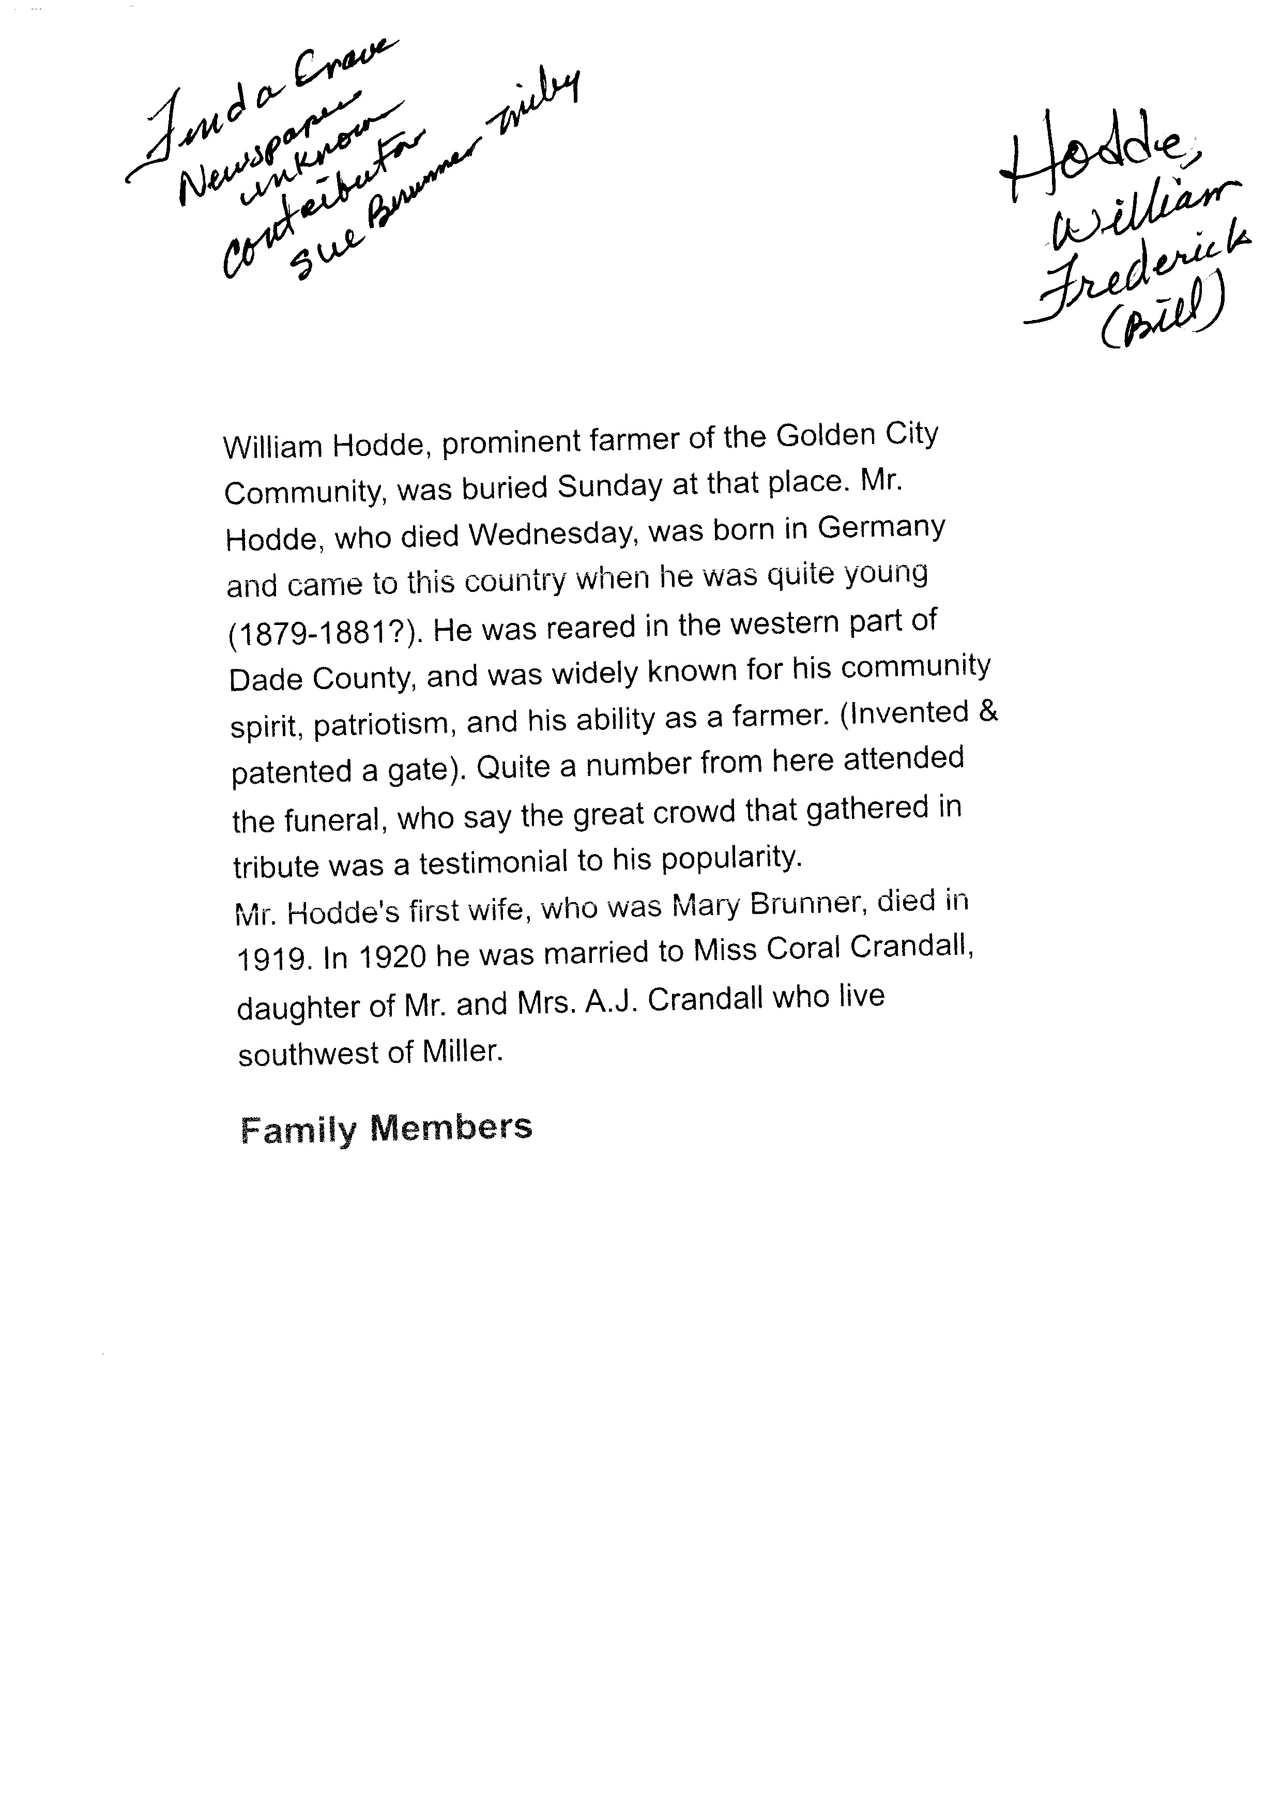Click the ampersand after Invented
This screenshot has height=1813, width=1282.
pyautogui.click(x=987, y=711)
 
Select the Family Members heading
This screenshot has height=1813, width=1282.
pyautogui.click(x=386, y=1128)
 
